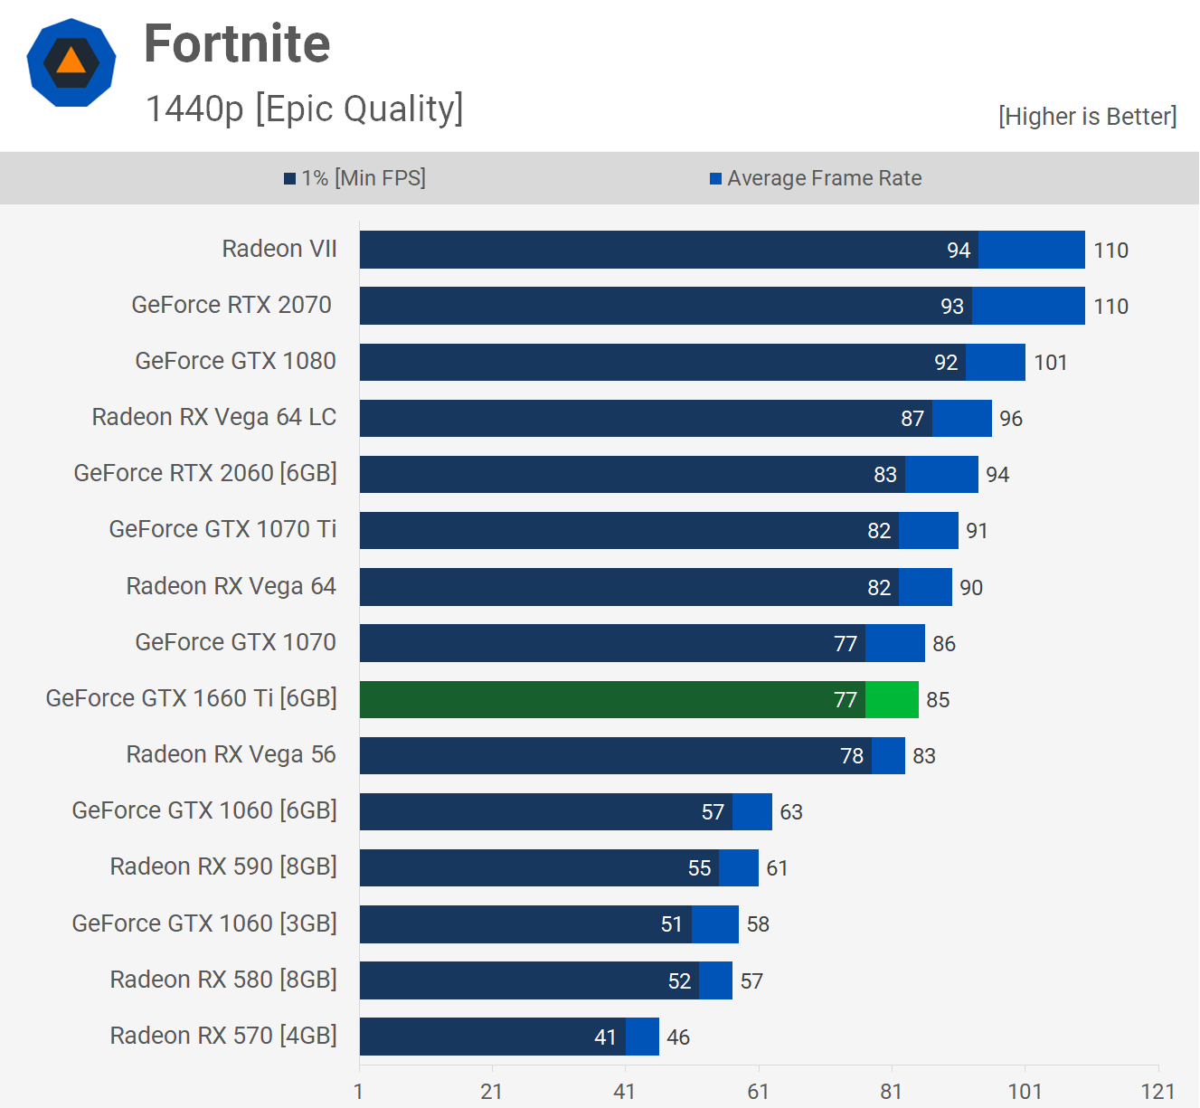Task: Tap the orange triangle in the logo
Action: (x=71, y=62)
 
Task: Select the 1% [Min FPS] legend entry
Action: (x=354, y=178)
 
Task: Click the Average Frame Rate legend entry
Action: (x=816, y=178)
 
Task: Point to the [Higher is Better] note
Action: (x=1087, y=117)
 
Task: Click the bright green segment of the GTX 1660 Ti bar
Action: (x=892, y=699)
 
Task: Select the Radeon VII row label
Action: (x=279, y=249)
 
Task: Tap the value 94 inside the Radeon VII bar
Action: (x=959, y=251)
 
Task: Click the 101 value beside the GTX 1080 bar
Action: (x=1051, y=363)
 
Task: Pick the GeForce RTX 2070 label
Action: (x=231, y=305)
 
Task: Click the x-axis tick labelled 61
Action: (x=758, y=1092)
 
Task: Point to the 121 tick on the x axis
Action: (x=1157, y=1092)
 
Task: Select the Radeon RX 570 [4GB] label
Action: (x=223, y=1036)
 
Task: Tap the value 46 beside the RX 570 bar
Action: (x=678, y=1037)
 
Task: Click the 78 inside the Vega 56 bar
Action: (x=852, y=756)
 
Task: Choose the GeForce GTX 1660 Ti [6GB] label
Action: (x=192, y=698)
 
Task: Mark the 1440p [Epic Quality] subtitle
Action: (x=304, y=109)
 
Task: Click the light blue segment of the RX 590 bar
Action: (x=739, y=868)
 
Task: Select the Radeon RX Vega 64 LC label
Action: (x=214, y=417)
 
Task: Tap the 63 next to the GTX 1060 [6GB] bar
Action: (x=791, y=812)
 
